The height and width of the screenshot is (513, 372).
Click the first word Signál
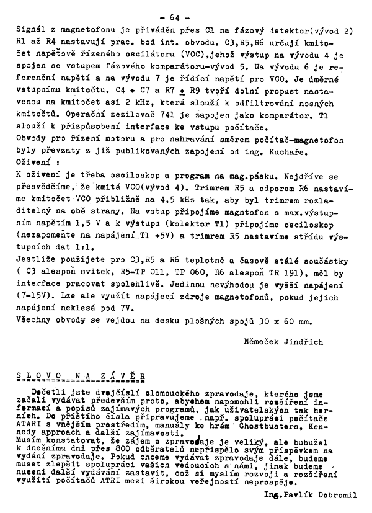coord(29,29)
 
